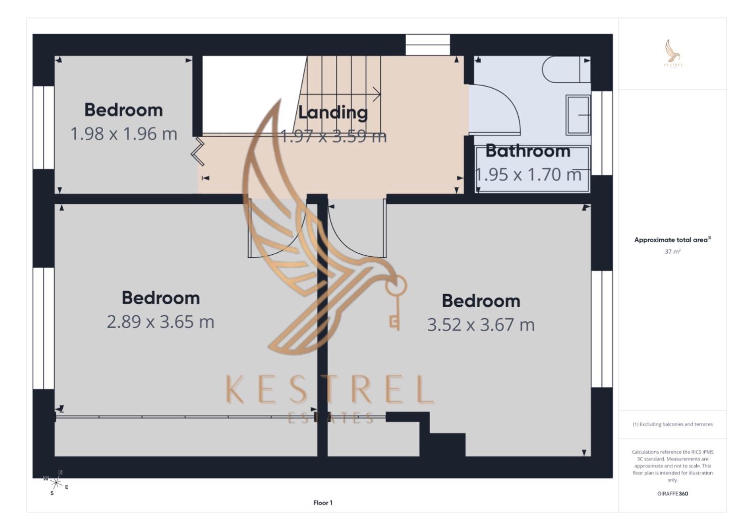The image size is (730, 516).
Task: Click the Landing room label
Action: [332, 112]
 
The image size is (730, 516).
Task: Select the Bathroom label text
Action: [528, 150]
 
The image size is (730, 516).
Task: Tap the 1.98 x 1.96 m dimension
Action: [124, 134]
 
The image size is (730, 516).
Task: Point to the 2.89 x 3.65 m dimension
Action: [161, 322]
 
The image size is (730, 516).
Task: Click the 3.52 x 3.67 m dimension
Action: [480, 325]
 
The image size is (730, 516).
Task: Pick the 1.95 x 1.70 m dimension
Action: [528, 175]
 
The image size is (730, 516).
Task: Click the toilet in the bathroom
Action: [565, 69]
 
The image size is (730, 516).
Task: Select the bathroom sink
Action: [578, 115]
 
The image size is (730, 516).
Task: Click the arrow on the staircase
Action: [376, 94]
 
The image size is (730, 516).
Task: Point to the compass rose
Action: [56, 483]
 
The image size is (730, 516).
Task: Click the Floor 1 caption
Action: [323, 502]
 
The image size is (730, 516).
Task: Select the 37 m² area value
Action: [672, 251]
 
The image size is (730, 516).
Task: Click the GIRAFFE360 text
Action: [672, 493]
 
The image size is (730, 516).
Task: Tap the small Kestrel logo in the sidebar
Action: [672, 53]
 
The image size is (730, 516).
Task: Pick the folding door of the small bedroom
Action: [198, 151]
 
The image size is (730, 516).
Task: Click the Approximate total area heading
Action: [672, 240]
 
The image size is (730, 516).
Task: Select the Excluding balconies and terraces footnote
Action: [672, 424]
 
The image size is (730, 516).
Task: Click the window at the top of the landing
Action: [427, 45]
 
